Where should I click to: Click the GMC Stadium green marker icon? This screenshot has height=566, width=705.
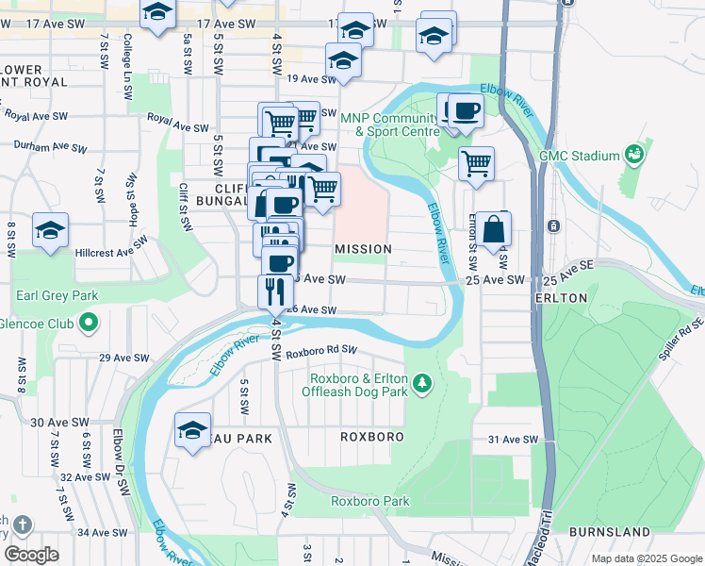[x=634, y=155]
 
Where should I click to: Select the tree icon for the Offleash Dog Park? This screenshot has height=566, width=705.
[x=423, y=382]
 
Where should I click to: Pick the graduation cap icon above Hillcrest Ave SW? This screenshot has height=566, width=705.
[x=50, y=230]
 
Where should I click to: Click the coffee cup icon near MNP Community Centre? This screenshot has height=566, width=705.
[x=465, y=111]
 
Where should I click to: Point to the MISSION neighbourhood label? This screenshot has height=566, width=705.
[x=363, y=249]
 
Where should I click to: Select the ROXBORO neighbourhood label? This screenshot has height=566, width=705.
[x=373, y=437]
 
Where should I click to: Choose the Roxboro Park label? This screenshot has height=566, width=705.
[x=369, y=501]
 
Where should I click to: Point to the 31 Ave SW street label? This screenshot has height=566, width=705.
[x=512, y=440]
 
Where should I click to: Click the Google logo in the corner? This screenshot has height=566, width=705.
[x=31, y=555]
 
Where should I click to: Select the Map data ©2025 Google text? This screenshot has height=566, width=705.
[x=645, y=558]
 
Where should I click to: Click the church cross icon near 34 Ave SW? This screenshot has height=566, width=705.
[x=23, y=524]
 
